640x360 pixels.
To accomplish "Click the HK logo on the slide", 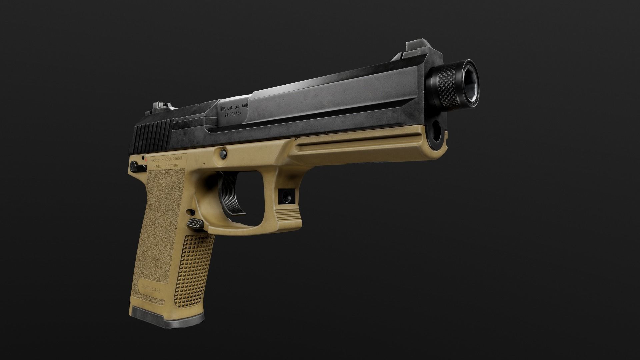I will [222, 108].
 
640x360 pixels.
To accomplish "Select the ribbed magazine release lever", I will [195, 224].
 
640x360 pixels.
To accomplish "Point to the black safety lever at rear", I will [135, 166].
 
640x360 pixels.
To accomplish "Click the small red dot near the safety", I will [146, 160].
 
